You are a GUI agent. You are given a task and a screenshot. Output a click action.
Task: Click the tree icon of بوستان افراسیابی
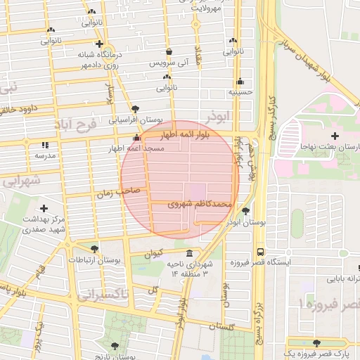(x=135, y=109)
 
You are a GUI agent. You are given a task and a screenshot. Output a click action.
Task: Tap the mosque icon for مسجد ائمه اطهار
(x=136, y=138)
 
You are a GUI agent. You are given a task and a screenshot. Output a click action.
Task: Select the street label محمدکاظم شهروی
(x=200, y=204)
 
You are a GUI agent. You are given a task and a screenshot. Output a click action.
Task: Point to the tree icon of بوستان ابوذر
(x=245, y=210)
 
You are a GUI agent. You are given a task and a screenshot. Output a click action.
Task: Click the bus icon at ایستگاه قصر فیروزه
(x=261, y=251)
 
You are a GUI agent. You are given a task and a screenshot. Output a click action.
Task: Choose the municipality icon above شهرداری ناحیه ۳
(x=188, y=253)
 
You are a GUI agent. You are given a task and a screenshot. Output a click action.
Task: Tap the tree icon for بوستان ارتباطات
(x=94, y=249)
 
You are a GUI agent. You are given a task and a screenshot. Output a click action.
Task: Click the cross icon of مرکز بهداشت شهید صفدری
(x=44, y=208)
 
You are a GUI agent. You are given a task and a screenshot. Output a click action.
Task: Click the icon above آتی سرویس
(x=169, y=52)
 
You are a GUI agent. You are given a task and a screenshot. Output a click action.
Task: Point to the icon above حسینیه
(x=240, y=81)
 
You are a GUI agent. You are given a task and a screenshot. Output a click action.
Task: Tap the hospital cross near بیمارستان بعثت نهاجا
(x=334, y=135)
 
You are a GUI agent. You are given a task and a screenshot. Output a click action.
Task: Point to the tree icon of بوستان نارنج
(x=115, y=345)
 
